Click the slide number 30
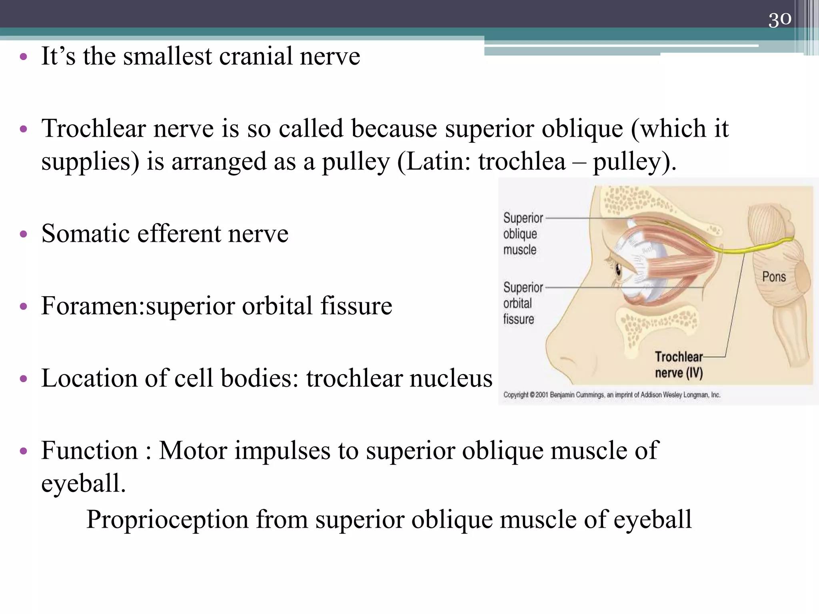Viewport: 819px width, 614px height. (779, 19)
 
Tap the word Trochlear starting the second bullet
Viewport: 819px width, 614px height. (94, 129)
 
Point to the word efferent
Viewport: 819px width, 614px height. (179, 233)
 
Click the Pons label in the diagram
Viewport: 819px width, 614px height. (774, 277)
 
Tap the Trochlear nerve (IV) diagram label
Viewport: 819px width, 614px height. (679, 365)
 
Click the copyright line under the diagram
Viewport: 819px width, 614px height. (611, 395)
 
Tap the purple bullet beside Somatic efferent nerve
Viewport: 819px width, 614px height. (23, 234)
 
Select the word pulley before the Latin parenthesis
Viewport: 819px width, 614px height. (356, 162)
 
